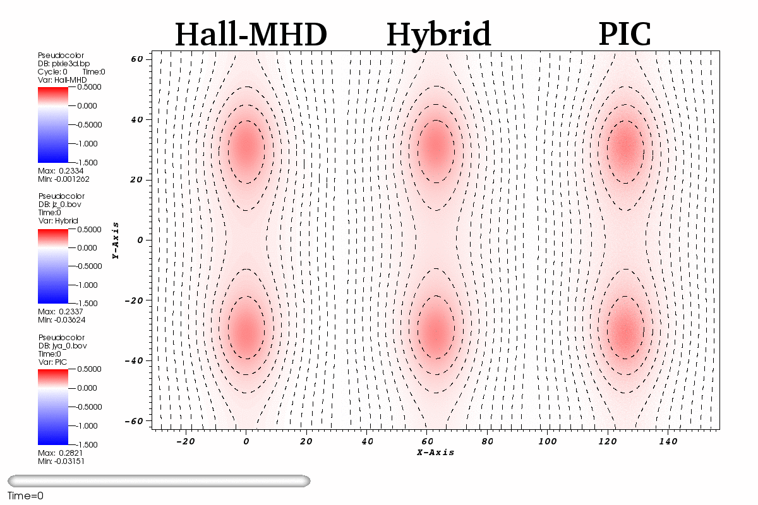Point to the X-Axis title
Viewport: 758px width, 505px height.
pos(435,453)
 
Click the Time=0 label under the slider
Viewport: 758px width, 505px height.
pos(25,496)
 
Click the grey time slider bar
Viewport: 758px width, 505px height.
pos(159,481)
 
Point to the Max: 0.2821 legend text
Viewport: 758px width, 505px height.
pos(62,453)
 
